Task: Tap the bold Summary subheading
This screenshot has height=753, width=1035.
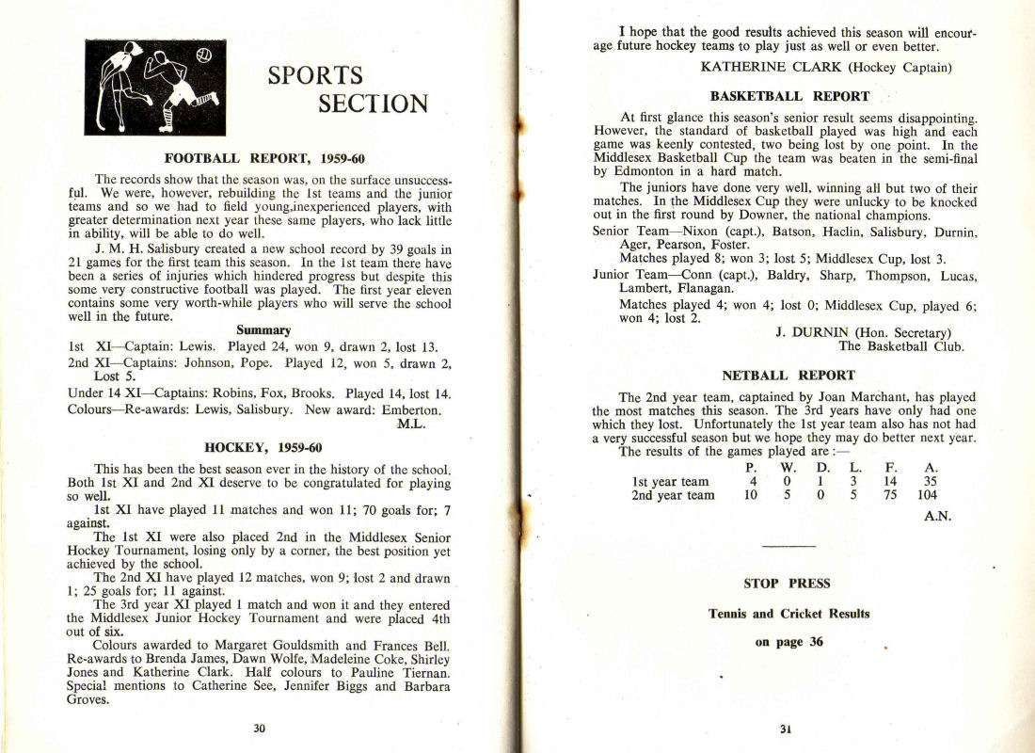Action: [263, 329]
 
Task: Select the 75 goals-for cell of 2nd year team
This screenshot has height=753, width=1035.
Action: [889, 495]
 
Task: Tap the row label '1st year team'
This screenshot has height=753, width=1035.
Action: [673, 481]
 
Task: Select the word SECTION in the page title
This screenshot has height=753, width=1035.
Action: [373, 103]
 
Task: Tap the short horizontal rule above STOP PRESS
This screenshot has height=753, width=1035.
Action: [788, 547]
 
